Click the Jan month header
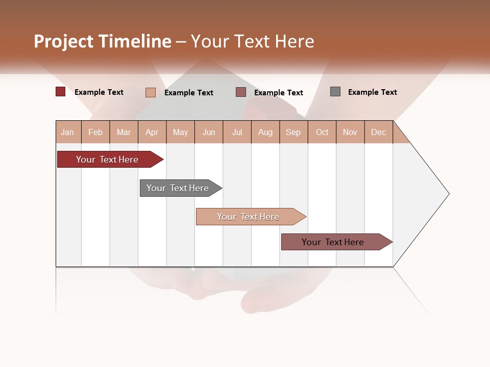(x=67, y=133)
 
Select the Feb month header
(x=95, y=133)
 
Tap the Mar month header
(x=124, y=133)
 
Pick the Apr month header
(x=152, y=133)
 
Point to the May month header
(x=180, y=133)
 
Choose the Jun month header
(x=209, y=133)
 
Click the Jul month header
(x=237, y=133)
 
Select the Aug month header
(x=265, y=133)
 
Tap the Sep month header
(x=293, y=133)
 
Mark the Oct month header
(x=322, y=133)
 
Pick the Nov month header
(x=350, y=133)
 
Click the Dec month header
(x=379, y=133)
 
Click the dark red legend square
(x=61, y=92)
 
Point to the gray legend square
(x=335, y=92)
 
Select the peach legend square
(x=151, y=92)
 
